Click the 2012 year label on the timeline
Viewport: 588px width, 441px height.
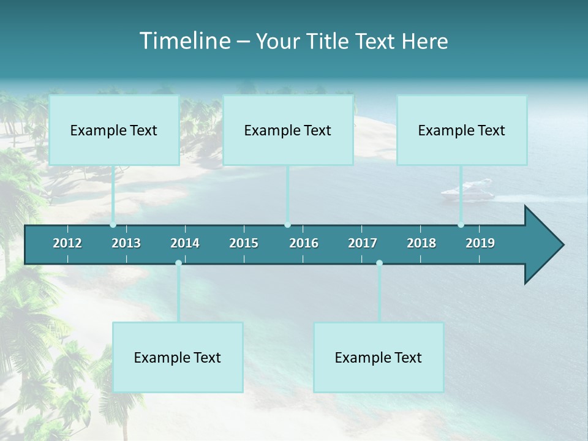(67, 243)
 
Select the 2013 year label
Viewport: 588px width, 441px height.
(126, 243)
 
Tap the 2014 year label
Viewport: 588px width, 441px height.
(185, 243)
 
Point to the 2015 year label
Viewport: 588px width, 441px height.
(244, 243)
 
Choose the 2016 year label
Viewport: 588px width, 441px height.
(304, 243)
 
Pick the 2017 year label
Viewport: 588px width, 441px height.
(363, 243)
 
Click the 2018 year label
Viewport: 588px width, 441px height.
(421, 243)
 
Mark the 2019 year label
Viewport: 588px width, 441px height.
(480, 243)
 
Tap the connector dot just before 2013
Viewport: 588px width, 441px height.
(113, 225)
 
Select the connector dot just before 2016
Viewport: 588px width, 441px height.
(287, 225)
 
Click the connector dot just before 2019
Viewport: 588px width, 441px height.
(461, 225)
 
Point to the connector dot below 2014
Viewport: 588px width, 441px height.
(178, 263)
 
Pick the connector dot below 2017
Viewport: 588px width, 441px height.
(379, 263)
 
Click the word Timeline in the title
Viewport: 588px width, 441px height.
(183, 41)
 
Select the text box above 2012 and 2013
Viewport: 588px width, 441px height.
(114, 130)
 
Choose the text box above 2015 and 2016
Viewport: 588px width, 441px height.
(288, 130)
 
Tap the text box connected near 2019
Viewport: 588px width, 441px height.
(462, 130)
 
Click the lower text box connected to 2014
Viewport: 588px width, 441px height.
(178, 358)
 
